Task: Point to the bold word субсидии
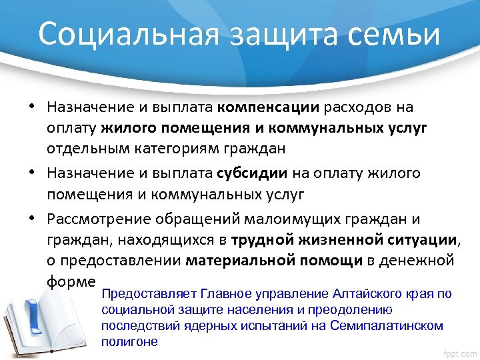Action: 253,173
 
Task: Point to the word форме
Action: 71,281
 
